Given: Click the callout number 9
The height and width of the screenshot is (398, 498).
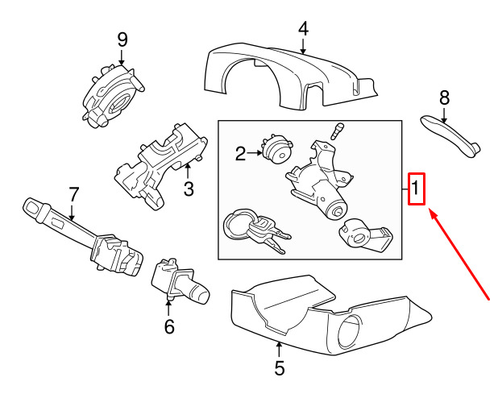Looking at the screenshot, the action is [x=122, y=40].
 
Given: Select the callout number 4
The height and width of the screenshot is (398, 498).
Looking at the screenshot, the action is [x=303, y=28].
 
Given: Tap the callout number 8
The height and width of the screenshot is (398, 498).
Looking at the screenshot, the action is [x=444, y=97].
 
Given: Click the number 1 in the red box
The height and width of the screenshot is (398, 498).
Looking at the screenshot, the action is [x=415, y=188].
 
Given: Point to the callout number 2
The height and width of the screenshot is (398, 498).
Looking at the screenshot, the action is [x=240, y=154].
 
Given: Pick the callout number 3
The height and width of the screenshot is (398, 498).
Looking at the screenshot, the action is [x=189, y=189].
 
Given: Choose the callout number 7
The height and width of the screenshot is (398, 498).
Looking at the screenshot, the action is [x=73, y=194].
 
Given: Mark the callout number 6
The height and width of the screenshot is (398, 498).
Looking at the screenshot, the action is [x=169, y=326].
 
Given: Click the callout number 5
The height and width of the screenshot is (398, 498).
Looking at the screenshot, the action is [x=279, y=368].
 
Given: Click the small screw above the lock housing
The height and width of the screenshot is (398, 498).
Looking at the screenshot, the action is [x=336, y=131].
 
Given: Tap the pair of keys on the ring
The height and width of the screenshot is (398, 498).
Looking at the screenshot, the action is [x=256, y=230].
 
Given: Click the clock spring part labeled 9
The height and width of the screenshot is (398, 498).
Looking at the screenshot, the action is [x=112, y=96].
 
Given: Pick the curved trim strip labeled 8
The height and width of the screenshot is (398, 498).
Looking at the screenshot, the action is [x=450, y=136].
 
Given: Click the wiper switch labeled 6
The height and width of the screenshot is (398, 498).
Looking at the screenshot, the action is [x=180, y=282].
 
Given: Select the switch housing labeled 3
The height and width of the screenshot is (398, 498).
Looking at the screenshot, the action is [x=160, y=167].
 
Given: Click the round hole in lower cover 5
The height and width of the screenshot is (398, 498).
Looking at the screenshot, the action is [x=349, y=332].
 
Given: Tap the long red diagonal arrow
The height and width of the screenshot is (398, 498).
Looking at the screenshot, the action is [x=459, y=254].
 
